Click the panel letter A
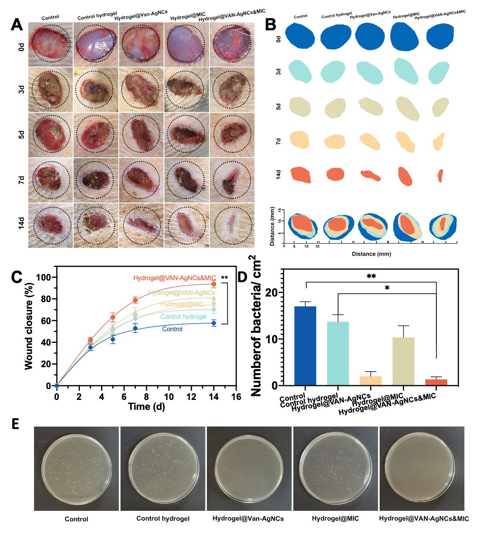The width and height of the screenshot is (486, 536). (x=16, y=25)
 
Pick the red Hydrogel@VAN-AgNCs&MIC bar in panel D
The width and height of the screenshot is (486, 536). (x=436, y=382)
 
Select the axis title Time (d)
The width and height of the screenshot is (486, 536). (x=146, y=407)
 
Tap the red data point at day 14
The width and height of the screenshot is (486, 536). (x=214, y=284)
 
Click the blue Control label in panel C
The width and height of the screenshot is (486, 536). (x=172, y=329)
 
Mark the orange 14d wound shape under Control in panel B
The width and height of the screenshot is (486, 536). (x=301, y=174)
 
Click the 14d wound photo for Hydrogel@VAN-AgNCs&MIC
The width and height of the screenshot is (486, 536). (x=232, y=224)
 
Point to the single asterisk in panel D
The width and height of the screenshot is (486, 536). (x=387, y=288)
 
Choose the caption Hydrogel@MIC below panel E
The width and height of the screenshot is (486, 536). (x=335, y=519)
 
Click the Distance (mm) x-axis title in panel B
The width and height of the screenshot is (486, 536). (x=371, y=253)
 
